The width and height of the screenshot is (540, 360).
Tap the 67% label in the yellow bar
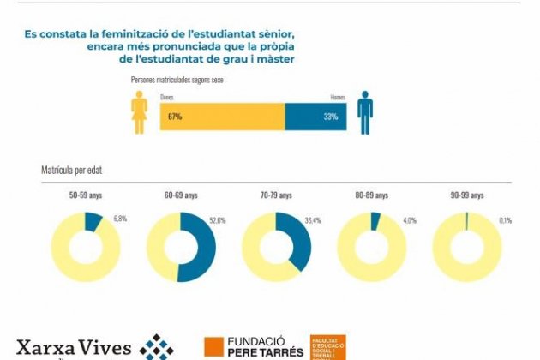pyautogui.click(x=176, y=117)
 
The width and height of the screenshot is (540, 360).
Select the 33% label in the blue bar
pyautogui.click(x=331, y=117)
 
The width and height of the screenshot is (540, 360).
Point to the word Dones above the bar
pyautogui.click(x=166, y=98)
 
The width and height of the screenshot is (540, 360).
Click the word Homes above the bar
pyautogui.click(x=338, y=98)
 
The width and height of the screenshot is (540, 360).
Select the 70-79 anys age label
pyautogui.click(x=276, y=195)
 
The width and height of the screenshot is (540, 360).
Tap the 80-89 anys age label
pyautogui.click(x=371, y=195)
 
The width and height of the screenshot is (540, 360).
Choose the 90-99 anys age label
pyautogui.click(x=465, y=195)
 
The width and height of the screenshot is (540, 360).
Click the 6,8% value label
pyautogui.click(x=120, y=219)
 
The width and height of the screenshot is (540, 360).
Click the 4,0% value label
pyautogui.click(x=409, y=221)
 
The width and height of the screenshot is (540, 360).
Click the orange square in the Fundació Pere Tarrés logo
pyautogui.click(x=213, y=346)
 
